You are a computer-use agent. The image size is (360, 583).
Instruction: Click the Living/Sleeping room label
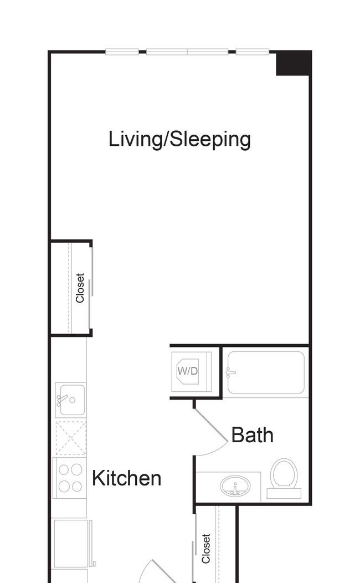(179, 140)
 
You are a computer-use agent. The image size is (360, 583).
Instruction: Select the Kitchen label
(126, 478)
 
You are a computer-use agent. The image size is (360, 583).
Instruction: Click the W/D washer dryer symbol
(188, 371)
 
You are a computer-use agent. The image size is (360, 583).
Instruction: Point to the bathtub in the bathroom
(266, 372)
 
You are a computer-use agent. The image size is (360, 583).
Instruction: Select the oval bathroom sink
(235, 486)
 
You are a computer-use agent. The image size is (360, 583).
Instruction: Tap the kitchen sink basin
(71, 400)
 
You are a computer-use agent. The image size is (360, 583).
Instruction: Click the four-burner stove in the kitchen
(70, 478)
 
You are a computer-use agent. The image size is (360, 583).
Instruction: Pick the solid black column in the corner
(293, 63)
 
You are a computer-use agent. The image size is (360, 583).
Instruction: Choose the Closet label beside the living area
(80, 288)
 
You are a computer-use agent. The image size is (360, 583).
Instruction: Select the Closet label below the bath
(206, 549)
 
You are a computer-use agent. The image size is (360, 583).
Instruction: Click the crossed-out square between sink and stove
(71, 438)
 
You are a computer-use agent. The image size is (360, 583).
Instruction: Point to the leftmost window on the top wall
(122, 52)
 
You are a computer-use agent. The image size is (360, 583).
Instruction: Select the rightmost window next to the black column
(253, 52)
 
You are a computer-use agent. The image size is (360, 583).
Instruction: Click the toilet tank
(284, 493)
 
